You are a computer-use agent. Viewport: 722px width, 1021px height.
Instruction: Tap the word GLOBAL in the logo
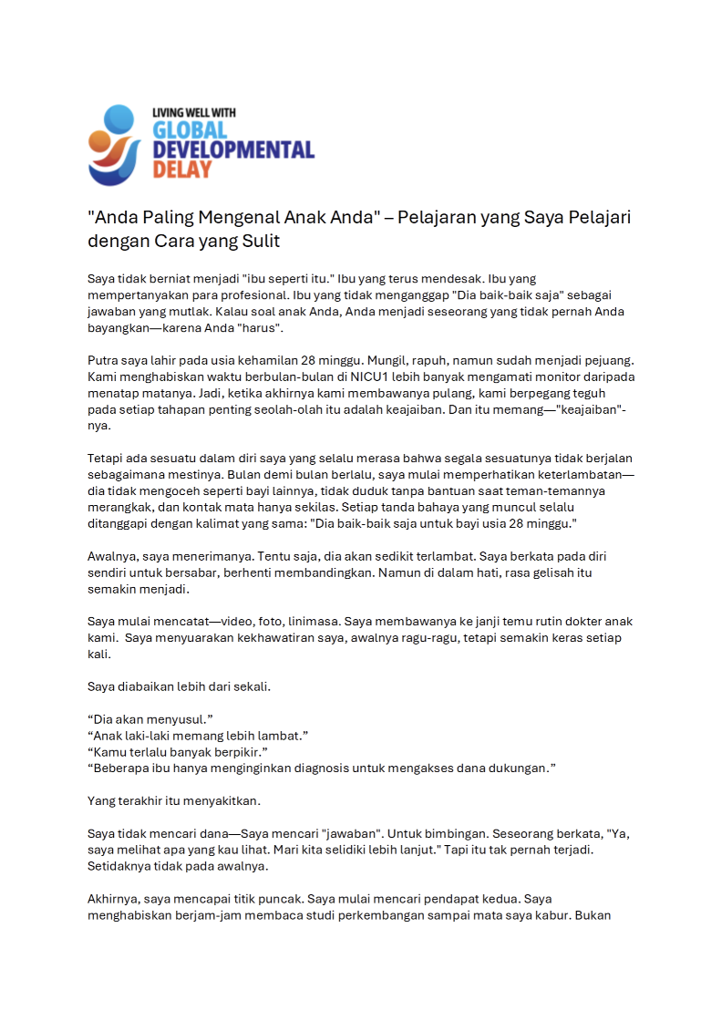click(x=190, y=129)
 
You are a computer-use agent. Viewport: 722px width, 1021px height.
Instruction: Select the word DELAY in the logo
click(x=182, y=169)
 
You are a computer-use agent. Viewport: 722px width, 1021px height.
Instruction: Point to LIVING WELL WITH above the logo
click(x=194, y=112)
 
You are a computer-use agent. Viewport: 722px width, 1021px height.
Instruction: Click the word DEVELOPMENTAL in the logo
click(x=233, y=150)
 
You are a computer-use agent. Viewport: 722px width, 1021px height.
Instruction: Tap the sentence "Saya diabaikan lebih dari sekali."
click(x=179, y=686)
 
